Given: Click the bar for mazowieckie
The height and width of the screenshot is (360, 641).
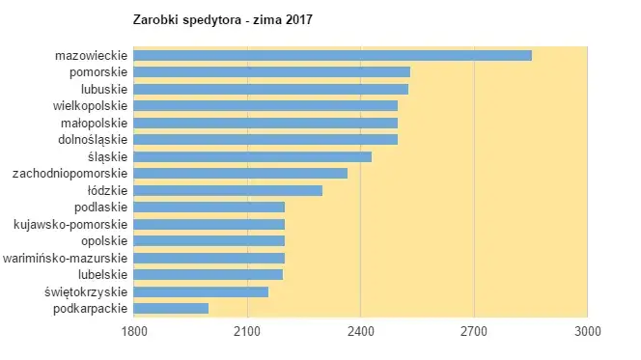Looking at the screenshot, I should click(x=332, y=55).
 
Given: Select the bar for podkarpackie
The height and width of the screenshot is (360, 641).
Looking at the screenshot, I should click(x=171, y=308).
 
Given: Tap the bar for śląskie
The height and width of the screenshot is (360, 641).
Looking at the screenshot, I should click(x=252, y=156).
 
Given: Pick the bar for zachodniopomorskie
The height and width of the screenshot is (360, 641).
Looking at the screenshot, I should click(x=240, y=173).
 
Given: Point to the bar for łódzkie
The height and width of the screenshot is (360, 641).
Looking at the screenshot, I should click(x=228, y=190).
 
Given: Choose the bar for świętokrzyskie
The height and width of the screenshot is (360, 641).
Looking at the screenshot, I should click(x=201, y=291).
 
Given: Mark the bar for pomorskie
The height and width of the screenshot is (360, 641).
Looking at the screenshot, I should click(x=271, y=71).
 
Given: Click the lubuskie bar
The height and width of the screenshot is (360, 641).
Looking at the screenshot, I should click(x=270, y=89).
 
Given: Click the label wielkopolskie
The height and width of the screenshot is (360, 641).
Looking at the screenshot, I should click(x=90, y=105).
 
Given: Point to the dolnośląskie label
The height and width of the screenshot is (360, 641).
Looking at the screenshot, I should click(x=94, y=139).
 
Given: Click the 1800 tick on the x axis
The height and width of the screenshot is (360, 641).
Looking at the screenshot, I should click(x=133, y=331).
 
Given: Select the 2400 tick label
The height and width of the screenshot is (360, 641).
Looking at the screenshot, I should click(x=360, y=331).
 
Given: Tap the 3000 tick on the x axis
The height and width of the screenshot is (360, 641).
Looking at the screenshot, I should click(x=587, y=331).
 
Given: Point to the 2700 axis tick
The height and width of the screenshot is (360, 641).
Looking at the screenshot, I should click(x=474, y=331).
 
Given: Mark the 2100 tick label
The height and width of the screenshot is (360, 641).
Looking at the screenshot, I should click(x=247, y=331).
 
